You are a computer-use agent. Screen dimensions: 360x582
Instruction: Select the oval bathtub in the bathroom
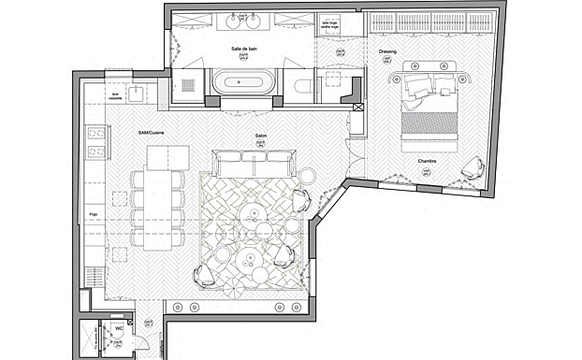click(243, 82)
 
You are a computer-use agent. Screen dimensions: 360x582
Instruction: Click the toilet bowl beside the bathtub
click(300, 87)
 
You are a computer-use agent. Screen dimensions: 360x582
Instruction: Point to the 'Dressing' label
click(386, 50)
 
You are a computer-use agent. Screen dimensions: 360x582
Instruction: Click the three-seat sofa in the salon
click(252, 166)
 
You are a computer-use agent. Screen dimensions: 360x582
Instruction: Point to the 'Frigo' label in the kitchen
click(94, 213)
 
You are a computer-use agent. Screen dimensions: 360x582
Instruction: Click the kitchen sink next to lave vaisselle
click(138, 92)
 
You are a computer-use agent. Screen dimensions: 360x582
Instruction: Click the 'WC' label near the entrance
click(119, 329)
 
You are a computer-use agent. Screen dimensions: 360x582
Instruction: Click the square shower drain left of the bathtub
click(186, 84)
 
